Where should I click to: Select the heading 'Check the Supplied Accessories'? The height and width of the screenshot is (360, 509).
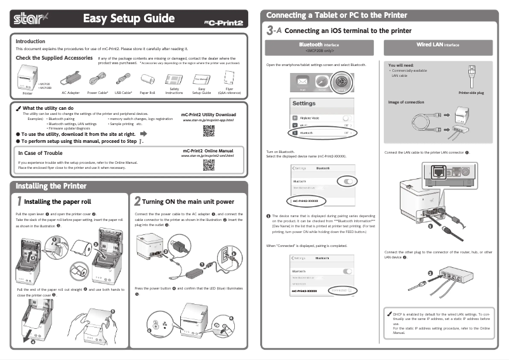(x=54, y=58)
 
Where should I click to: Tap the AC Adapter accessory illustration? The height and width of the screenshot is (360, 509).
(x=70, y=77)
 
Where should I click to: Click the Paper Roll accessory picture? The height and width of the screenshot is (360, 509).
(x=147, y=79)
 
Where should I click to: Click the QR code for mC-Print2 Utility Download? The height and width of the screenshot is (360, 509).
(x=208, y=131)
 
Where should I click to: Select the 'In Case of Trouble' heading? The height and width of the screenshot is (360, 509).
(x=41, y=153)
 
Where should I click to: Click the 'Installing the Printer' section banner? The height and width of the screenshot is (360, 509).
(x=51, y=186)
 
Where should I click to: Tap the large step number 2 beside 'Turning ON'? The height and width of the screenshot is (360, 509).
(x=138, y=201)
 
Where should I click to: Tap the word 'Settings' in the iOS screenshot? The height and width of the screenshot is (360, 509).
(x=304, y=103)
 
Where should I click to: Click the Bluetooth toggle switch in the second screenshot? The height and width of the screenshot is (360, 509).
(x=347, y=181)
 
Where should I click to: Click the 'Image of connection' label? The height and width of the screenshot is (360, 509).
(x=406, y=102)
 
